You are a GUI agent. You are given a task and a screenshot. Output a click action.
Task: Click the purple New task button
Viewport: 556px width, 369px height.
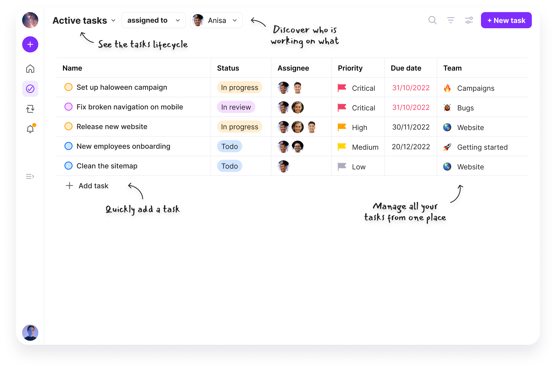[506, 20]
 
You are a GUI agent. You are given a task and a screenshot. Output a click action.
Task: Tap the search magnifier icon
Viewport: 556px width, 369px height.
[432, 20]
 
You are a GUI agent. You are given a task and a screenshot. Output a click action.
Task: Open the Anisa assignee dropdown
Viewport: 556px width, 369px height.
[216, 20]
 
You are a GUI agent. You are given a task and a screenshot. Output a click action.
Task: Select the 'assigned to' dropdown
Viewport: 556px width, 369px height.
[153, 20]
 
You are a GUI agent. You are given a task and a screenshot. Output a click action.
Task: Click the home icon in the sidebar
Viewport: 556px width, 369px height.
[30, 69]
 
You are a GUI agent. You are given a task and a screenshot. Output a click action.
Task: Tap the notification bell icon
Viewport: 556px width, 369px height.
[30, 129]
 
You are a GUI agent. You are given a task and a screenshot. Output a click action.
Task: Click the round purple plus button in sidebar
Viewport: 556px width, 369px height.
[30, 44]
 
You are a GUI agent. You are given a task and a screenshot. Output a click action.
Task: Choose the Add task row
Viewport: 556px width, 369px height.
[87, 186]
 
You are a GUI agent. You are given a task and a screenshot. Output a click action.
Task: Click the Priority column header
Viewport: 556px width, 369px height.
[350, 68]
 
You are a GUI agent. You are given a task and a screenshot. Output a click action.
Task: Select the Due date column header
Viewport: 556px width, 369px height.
[406, 68]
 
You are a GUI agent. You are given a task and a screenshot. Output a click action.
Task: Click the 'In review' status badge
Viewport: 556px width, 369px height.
[236, 107]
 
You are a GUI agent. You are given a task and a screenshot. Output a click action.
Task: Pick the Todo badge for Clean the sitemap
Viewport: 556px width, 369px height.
[229, 166]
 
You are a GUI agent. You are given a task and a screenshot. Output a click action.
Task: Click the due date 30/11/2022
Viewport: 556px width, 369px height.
[411, 127]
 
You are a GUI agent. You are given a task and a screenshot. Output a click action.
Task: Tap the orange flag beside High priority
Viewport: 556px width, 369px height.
[342, 127]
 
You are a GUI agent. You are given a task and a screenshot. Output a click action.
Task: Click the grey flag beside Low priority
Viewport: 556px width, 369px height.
[342, 166]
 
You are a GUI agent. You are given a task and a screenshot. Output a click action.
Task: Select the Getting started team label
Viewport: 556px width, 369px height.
[482, 147]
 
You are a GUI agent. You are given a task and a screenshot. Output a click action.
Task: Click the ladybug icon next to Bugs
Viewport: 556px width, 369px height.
[447, 108]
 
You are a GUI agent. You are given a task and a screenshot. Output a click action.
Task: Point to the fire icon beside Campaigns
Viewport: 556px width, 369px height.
[447, 88]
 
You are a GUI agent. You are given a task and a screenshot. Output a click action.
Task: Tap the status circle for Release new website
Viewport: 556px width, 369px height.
[68, 126]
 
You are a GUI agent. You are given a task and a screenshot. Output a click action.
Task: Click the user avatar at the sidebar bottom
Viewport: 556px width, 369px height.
[30, 333]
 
